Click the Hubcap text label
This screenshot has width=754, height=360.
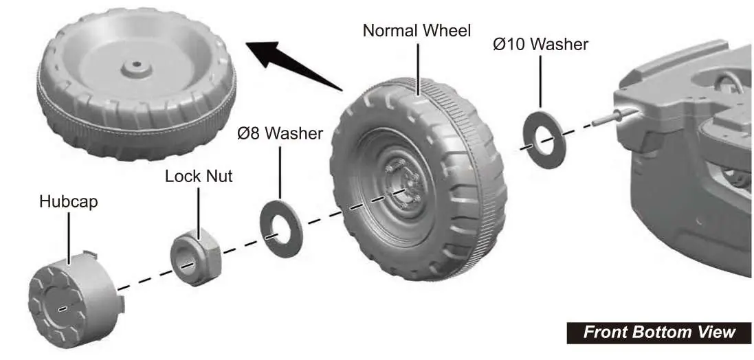coord(69,201)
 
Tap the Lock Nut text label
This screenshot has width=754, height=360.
coord(199,176)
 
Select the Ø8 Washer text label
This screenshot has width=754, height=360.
coord(280,133)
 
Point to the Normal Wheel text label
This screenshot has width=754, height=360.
coord(417,31)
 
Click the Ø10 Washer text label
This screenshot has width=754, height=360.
coord(540,44)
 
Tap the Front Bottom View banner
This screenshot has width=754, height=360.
coord(658,333)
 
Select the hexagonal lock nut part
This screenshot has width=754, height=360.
coord(195,257)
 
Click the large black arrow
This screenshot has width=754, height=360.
coord(293,65)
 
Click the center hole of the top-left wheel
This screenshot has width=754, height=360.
coord(137,64)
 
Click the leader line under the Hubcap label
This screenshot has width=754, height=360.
coord(69,238)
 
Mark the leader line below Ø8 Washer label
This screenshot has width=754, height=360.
coord(280,173)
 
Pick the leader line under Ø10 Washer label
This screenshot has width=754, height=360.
coord(540,82)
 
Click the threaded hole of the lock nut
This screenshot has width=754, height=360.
coord(186,264)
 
